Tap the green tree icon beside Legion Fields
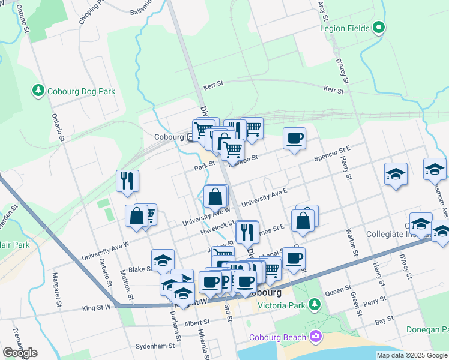point(379,28)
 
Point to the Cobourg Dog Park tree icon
point(38,91)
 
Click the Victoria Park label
point(283,305)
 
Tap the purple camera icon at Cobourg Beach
point(315,337)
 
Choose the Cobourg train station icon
point(191,137)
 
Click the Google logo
point(19,353)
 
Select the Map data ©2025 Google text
point(411,355)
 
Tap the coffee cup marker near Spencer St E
point(294,139)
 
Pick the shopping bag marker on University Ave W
point(215,196)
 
